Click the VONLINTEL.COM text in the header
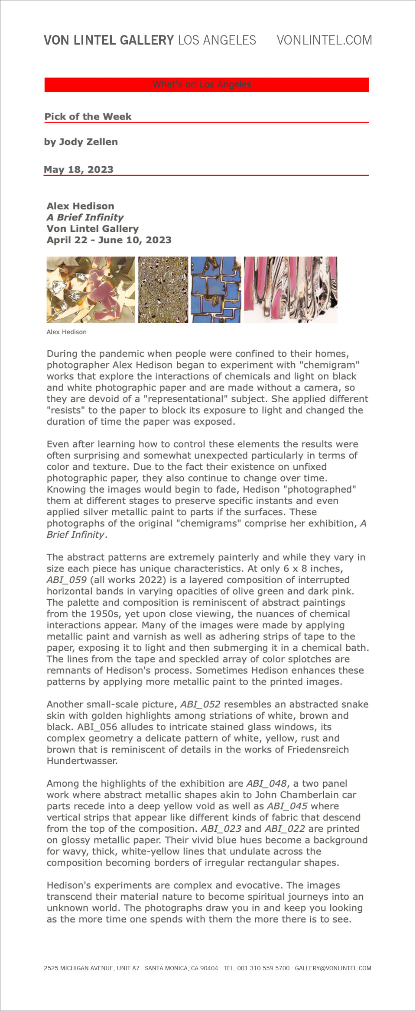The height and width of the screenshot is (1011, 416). click(x=324, y=40)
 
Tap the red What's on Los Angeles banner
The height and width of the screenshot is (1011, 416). click(x=206, y=84)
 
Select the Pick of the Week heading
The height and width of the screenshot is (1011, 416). click(x=88, y=116)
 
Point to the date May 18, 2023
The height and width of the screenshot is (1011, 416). click(x=78, y=169)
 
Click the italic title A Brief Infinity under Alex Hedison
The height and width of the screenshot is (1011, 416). click(x=85, y=217)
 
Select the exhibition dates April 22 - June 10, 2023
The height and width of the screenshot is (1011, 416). click(x=109, y=240)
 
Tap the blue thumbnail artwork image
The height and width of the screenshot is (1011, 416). click(x=216, y=289)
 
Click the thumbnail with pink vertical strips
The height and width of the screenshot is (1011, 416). click(x=290, y=289)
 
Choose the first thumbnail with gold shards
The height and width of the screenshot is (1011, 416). click(x=91, y=289)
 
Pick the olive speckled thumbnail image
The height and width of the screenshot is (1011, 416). click(x=163, y=289)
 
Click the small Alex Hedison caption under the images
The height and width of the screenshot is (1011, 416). click(x=67, y=332)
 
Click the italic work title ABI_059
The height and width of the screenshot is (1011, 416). click(x=67, y=580)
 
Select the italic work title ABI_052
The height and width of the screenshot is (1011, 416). click(x=200, y=704)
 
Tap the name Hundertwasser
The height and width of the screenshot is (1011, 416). click(x=82, y=761)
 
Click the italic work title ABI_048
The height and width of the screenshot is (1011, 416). click(x=266, y=783)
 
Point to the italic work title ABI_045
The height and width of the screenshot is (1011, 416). click(x=287, y=806)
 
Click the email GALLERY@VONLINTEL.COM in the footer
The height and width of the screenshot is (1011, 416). click(x=333, y=968)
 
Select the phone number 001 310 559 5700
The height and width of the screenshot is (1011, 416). click(x=263, y=968)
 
